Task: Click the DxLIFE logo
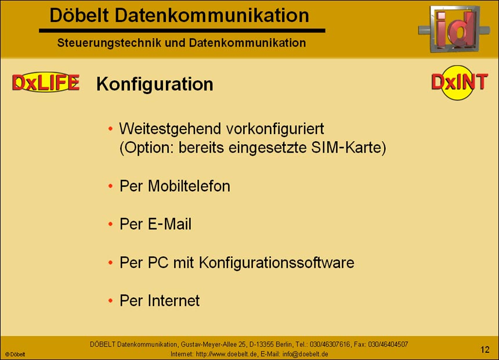(45, 83)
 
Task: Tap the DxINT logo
(460, 82)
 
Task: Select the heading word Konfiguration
(155, 84)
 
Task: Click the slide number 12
(485, 349)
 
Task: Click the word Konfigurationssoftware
(276, 262)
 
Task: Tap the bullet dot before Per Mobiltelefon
(110, 186)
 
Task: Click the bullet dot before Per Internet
(110, 301)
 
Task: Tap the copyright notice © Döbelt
(15, 354)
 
